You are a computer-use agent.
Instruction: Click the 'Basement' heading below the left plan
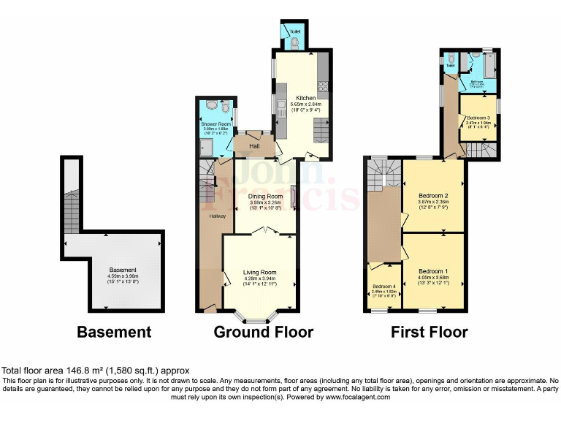[x=114, y=333]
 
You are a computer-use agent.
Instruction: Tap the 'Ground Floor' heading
[x=263, y=333]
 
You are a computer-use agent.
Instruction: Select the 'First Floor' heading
[x=429, y=333]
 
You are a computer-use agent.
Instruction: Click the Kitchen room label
[x=305, y=98]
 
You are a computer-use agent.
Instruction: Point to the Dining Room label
[x=264, y=197]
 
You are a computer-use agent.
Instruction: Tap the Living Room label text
[x=259, y=273]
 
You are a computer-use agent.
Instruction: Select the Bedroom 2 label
[x=433, y=196]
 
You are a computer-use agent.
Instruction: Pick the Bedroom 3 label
[x=478, y=118]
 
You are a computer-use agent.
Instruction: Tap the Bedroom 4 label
[x=383, y=286]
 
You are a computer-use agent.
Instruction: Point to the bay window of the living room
[x=256, y=319]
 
